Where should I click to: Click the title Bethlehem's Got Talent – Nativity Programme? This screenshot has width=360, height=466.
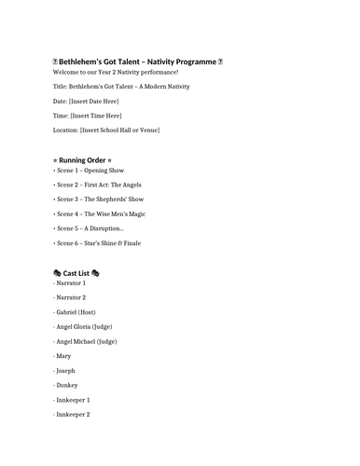137,62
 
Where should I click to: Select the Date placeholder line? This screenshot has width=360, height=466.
86,101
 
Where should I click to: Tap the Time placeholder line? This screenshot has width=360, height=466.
88,116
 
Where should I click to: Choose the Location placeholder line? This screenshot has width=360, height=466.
106,130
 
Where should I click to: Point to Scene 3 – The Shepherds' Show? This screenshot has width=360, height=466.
101,199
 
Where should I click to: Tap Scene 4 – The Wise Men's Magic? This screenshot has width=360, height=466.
102,213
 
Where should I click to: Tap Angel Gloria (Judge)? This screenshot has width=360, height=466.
87,326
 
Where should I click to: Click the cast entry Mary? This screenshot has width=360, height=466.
63,356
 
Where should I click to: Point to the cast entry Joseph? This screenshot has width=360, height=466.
65,370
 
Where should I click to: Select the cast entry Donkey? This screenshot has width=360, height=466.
66,385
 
